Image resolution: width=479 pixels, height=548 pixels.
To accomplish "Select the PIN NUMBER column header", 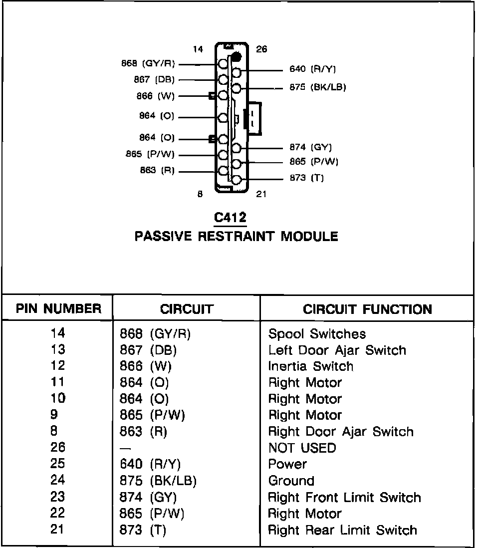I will click(58, 309).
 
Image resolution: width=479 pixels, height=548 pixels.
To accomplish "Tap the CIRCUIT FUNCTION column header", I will click(367, 309).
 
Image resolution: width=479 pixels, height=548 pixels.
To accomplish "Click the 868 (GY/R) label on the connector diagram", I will click(148, 64).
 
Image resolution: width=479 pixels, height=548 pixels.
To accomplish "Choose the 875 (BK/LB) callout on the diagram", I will click(318, 87).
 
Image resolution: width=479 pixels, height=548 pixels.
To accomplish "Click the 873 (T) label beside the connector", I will click(306, 178).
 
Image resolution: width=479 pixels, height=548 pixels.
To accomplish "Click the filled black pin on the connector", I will click(237, 56).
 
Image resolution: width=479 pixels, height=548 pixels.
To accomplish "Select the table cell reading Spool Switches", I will click(317, 334).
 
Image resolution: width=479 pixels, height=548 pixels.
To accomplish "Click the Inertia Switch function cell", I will click(310, 366).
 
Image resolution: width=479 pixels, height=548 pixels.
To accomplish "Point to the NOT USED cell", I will click(302, 448).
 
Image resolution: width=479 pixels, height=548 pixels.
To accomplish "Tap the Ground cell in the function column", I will click(291, 481).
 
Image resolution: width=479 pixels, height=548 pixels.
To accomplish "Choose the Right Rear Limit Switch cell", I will click(342, 530).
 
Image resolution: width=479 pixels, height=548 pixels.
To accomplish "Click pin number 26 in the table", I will click(58, 448).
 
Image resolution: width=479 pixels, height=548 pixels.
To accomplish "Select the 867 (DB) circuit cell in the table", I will click(148, 350).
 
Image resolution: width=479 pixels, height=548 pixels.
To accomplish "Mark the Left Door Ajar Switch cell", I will click(337, 350).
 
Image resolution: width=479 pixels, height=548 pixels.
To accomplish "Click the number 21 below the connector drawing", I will click(261, 194).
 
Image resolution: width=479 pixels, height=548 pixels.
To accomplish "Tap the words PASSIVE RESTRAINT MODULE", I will click(237, 236).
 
